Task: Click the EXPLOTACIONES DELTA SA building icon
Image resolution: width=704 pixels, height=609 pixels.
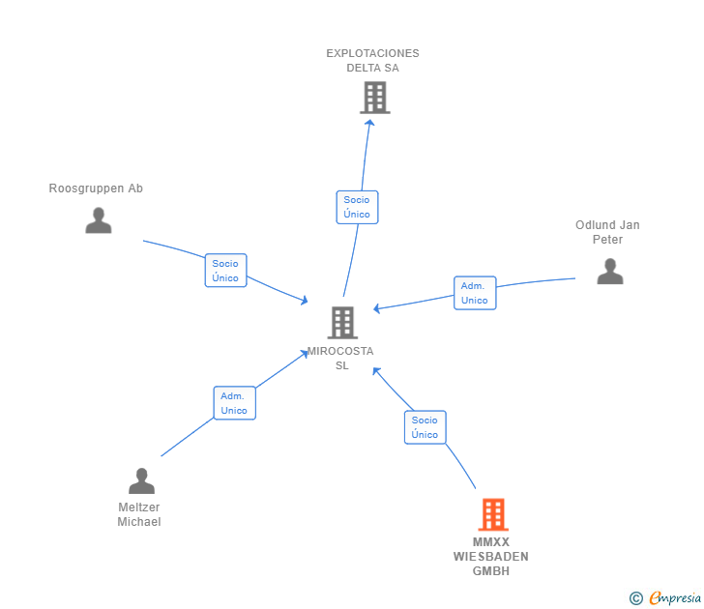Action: coord(375,98)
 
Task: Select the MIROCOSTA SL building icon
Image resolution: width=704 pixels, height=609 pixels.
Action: coord(342,322)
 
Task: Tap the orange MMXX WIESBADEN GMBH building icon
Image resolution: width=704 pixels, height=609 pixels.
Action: coord(493,514)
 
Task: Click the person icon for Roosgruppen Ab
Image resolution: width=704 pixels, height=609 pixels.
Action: coord(99,220)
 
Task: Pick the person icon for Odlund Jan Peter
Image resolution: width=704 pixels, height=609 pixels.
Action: coord(610,271)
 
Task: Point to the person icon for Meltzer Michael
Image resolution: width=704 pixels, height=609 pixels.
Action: coord(141,480)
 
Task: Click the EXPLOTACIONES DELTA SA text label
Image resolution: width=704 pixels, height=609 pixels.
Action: coord(372,61)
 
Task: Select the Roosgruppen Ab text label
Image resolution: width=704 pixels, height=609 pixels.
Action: coord(96,188)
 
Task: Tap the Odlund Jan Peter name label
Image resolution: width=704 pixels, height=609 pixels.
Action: coord(607,232)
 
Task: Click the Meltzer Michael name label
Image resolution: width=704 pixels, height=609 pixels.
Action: coord(139,514)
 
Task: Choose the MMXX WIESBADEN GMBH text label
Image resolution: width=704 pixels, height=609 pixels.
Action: coord(490,557)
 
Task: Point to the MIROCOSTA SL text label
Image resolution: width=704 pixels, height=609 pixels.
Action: coord(340,358)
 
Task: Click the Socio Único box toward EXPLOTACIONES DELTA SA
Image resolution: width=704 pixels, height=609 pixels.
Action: coord(358,207)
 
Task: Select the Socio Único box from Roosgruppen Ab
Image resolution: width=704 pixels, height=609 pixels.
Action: coord(226,270)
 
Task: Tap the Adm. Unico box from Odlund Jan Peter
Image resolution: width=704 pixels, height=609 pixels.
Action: coord(475,293)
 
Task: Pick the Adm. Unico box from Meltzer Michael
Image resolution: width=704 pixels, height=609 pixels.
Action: coord(235,403)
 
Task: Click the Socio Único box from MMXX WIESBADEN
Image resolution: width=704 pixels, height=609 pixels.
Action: coord(425,427)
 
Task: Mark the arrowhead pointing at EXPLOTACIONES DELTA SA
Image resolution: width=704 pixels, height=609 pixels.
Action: coord(369,123)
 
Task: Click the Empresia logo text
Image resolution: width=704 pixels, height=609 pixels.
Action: coord(675,597)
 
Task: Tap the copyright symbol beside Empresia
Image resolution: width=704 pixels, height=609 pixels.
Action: coord(635,598)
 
